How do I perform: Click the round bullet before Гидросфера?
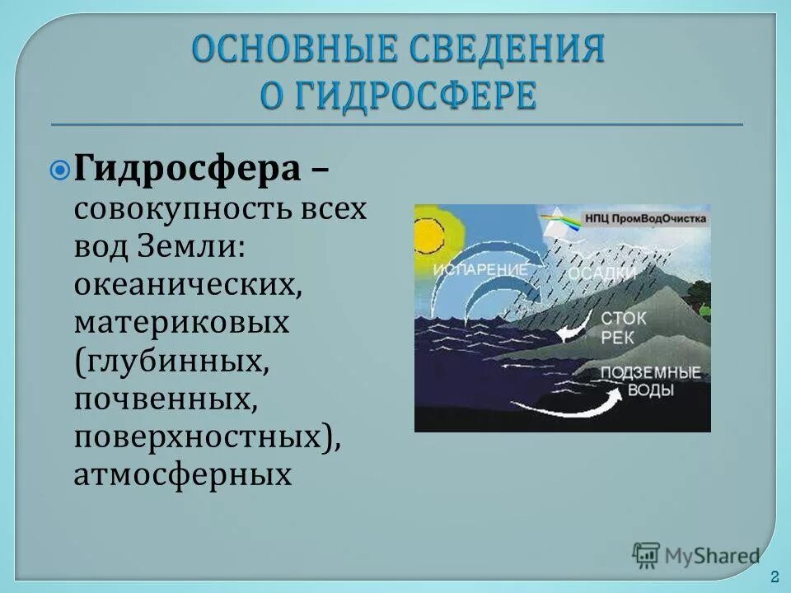(x=60, y=170)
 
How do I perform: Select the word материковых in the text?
(x=181, y=322)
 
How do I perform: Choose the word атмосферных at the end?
(x=182, y=474)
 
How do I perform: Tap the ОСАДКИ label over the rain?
(x=601, y=273)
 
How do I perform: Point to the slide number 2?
(x=774, y=575)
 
